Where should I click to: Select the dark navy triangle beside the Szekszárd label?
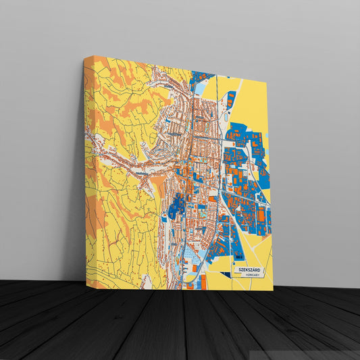234,272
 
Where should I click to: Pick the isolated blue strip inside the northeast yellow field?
231,99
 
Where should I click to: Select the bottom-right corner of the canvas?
273,290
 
